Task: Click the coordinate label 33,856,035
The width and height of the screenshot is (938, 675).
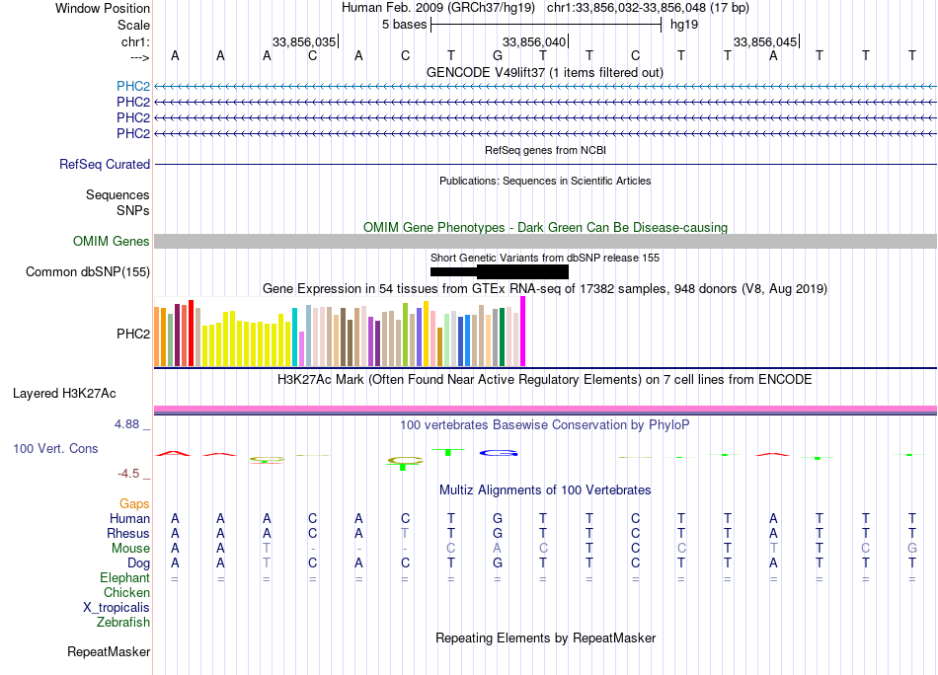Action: (x=304, y=41)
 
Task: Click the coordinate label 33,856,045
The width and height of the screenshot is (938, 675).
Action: (x=764, y=41)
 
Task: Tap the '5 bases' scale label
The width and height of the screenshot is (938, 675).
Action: (x=404, y=25)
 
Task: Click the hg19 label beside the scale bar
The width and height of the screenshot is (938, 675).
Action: (x=684, y=25)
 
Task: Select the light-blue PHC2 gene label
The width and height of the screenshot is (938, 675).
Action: (x=133, y=86)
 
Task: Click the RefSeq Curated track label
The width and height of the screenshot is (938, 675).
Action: (x=105, y=165)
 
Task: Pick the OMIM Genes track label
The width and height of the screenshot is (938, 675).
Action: (x=112, y=242)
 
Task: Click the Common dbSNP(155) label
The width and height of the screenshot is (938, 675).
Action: (x=88, y=272)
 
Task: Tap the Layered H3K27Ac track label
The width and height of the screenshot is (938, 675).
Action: (x=64, y=393)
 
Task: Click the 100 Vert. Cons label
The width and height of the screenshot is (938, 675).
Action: (x=55, y=449)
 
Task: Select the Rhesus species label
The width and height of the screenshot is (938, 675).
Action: (x=128, y=534)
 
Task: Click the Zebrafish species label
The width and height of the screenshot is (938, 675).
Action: (x=123, y=623)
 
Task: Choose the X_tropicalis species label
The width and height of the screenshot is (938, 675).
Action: (x=117, y=608)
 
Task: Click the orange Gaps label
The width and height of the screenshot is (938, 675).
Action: (x=134, y=504)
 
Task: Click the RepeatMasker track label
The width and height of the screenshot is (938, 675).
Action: (x=109, y=652)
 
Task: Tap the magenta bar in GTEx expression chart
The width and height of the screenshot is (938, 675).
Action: (x=523, y=332)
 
